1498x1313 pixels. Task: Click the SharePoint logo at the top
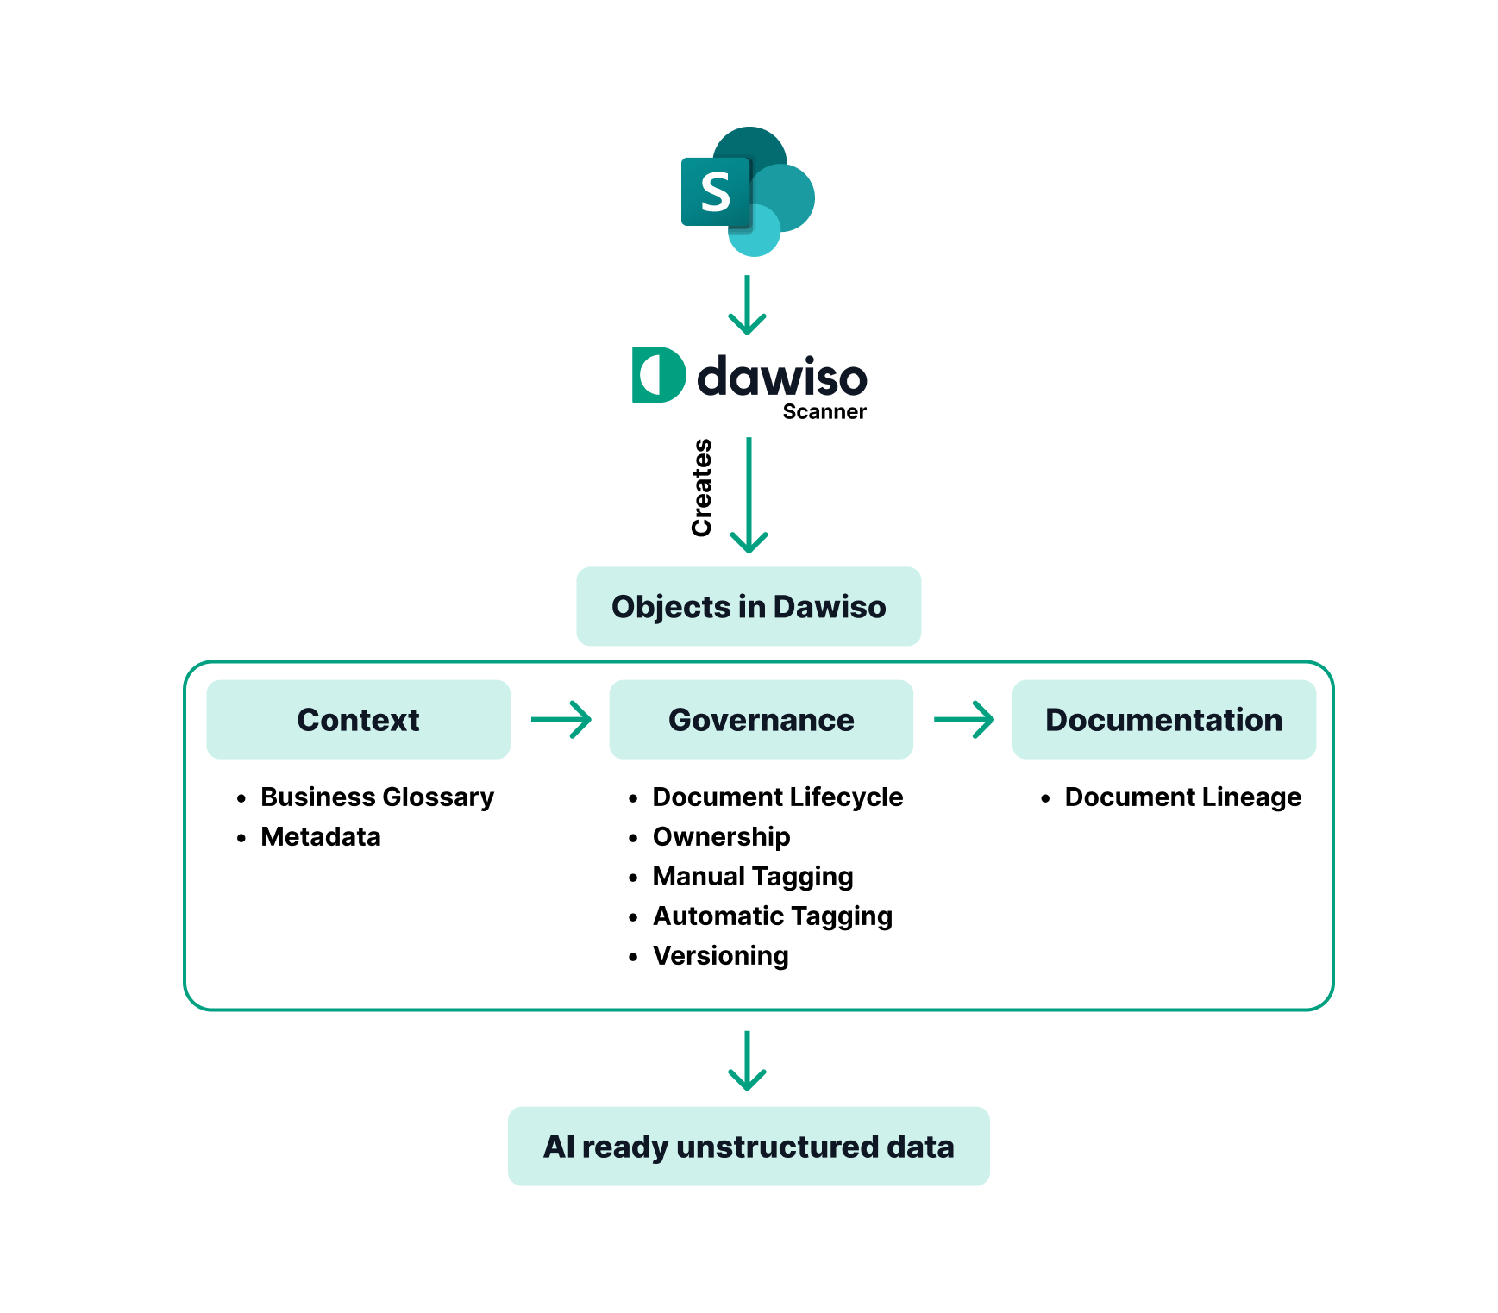[747, 191]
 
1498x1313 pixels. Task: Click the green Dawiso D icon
[658, 375]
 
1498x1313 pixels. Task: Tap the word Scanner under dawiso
[824, 412]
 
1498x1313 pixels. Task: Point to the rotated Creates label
[702, 488]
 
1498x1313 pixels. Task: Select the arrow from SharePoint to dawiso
[747, 305]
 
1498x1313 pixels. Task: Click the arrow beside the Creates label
[749, 495]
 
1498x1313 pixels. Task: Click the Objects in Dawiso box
[749, 606]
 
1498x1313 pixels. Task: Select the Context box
[358, 720]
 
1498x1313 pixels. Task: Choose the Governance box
[761, 720]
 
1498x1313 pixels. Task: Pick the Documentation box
[1163, 720]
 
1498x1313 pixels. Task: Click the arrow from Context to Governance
[561, 719]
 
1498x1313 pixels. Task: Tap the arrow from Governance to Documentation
[963, 719]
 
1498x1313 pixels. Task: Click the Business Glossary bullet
[377, 797]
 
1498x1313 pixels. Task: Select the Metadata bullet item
[320, 836]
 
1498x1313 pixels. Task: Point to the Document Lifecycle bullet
[777, 797]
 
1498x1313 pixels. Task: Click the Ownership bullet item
[721, 836]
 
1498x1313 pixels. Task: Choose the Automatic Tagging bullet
[772, 916]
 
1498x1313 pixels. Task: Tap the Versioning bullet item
[720, 955]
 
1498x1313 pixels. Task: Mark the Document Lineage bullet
[1182, 797]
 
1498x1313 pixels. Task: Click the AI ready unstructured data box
[749, 1147]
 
